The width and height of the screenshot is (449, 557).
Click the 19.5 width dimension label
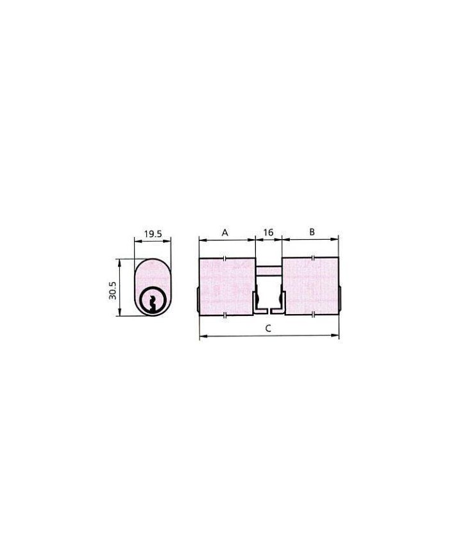pos(153,234)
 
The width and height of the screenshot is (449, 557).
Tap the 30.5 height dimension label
pos(113,290)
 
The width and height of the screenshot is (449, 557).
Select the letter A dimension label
pos(224,233)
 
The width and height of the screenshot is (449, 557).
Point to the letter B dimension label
pos(312,232)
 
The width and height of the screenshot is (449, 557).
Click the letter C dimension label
pos(268,329)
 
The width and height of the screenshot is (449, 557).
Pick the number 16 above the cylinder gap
pos(268,232)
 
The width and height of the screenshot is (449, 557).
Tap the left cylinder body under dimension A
pos(227,286)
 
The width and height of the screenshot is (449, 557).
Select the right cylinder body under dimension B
pos(310,286)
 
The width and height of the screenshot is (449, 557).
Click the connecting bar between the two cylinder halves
pos(268,270)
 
